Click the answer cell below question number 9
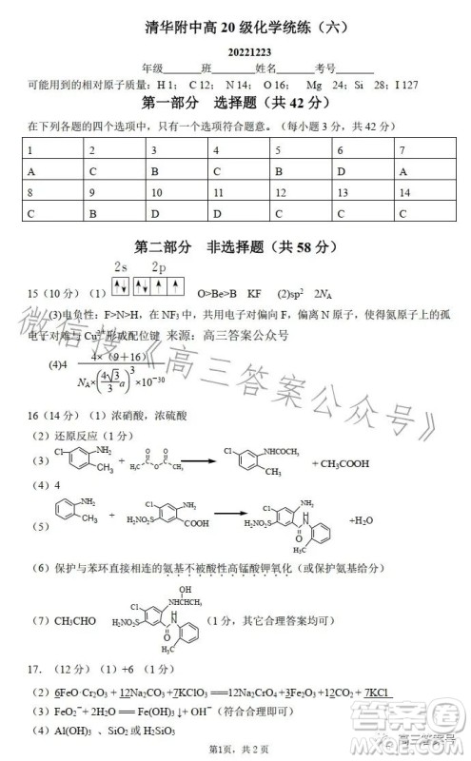click(113, 214)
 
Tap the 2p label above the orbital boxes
click(159, 269)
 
